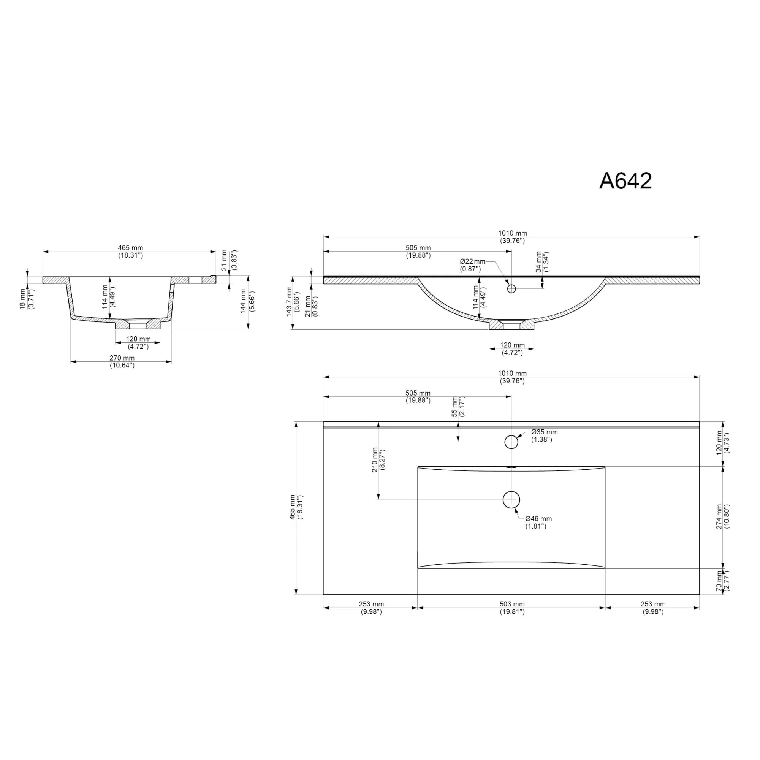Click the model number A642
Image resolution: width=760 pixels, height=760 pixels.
(x=625, y=181)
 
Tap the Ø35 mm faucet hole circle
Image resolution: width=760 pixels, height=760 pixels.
(x=511, y=442)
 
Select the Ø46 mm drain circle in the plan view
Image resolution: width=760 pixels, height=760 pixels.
(x=511, y=500)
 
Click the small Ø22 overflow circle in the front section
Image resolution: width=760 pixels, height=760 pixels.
(x=511, y=289)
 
